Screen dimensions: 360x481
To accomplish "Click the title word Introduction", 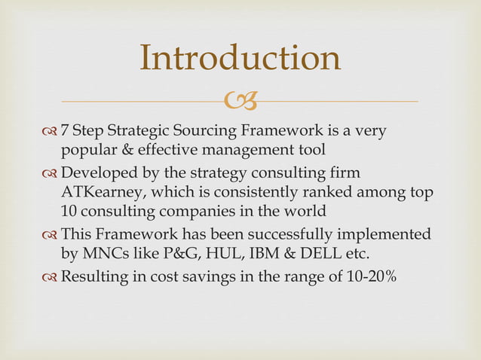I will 240,59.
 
